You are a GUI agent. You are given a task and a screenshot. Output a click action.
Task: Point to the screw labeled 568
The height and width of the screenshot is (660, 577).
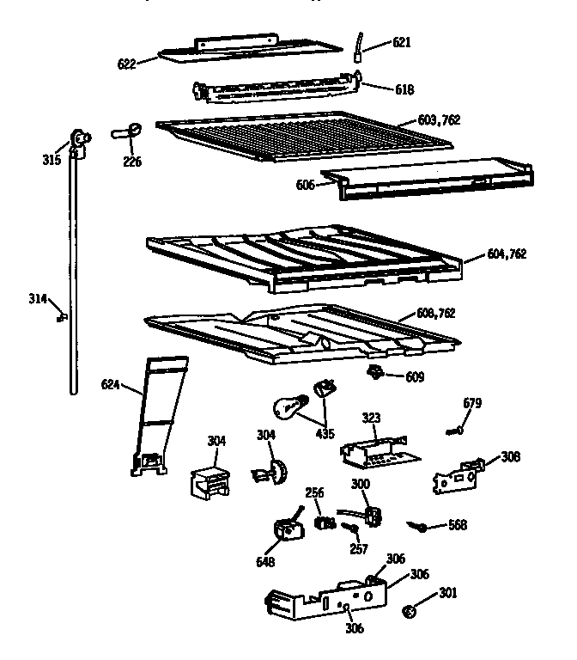pyautogui.click(x=421, y=525)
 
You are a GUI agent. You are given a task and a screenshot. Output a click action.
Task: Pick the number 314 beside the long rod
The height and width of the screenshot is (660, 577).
pyautogui.click(x=39, y=299)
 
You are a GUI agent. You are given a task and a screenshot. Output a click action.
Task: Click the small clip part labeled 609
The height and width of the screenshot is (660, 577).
pyautogui.click(x=374, y=372)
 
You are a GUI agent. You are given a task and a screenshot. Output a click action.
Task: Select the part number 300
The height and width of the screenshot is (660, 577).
pyautogui.click(x=361, y=486)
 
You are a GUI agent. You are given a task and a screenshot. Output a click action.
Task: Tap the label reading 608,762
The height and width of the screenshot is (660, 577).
pyautogui.click(x=434, y=314)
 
